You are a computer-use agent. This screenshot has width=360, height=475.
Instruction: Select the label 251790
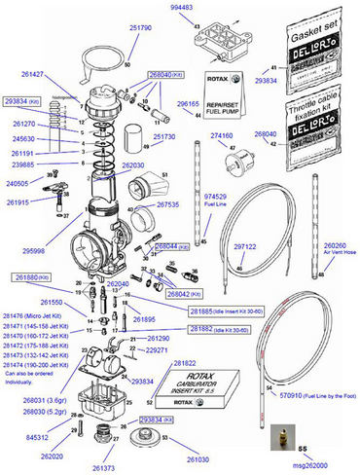140,29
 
